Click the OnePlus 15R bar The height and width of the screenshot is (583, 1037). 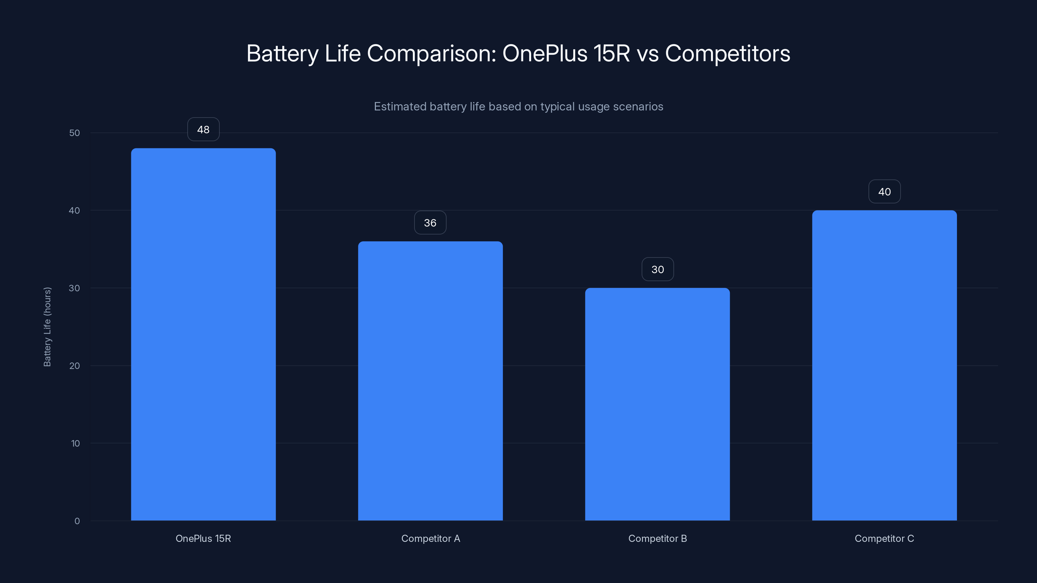[x=203, y=334]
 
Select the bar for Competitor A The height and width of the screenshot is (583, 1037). [x=430, y=381]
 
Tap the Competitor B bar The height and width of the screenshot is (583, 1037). [x=658, y=404]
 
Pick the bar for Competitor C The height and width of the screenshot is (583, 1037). [x=884, y=365]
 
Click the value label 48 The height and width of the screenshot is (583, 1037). [x=203, y=130]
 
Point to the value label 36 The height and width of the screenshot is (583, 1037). [x=430, y=223]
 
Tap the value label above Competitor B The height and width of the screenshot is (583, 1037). [x=658, y=269]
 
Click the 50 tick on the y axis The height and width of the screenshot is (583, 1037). [x=75, y=133]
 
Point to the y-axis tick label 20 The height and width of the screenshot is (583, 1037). [x=75, y=366]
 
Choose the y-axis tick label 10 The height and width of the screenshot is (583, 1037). [x=75, y=443]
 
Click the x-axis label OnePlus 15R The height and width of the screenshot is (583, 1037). [x=203, y=538]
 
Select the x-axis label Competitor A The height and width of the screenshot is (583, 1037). [x=430, y=538]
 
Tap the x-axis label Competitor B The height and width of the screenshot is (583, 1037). [x=658, y=538]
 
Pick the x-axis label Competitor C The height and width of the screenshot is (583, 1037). [x=884, y=538]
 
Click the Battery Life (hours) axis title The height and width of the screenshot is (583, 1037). [x=47, y=327]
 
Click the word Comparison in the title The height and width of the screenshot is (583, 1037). [x=432, y=53]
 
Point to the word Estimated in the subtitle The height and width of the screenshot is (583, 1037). [x=400, y=107]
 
